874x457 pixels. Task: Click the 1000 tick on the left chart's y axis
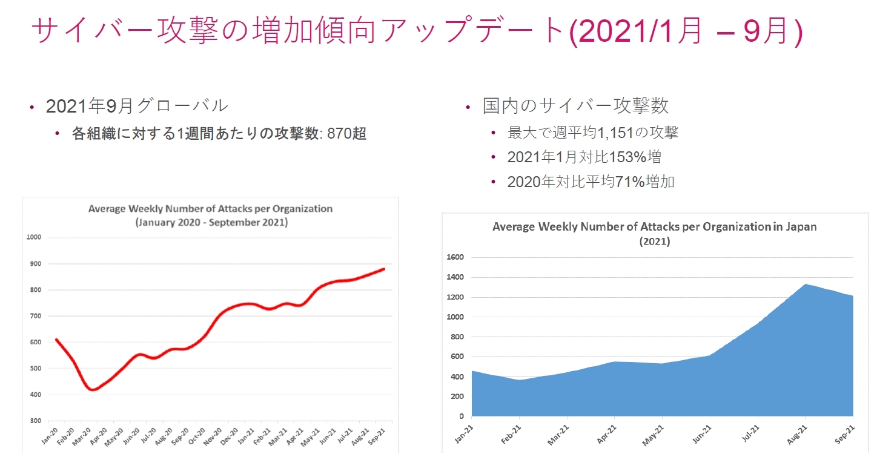pyautogui.click(x=33, y=237)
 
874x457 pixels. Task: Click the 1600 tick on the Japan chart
pyautogui.click(x=454, y=257)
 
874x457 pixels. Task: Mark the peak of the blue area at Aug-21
pyautogui.click(x=806, y=284)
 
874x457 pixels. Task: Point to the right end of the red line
pyautogui.click(x=384, y=269)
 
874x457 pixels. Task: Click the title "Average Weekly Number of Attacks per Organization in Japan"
pyautogui.click(x=654, y=227)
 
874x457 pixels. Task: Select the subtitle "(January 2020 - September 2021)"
pyautogui.click(x=211, y=223)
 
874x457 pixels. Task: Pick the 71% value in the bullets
pyautogui.click(x=628, y=182)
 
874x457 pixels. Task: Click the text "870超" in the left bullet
pyautogui.click(x=346, y=134)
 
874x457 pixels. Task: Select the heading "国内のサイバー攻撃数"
pyautogui.click(x=575, y=105)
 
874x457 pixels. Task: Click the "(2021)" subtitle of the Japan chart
pyautogui.click(x=654, y=241)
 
